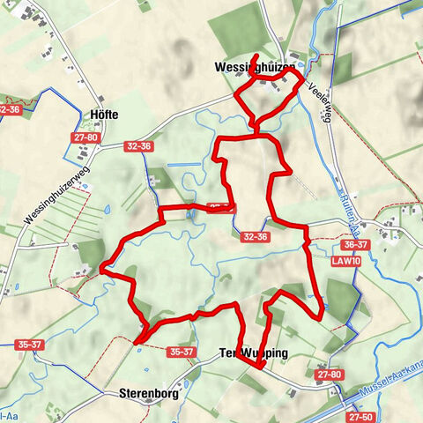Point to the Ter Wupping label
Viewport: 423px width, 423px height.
click(253, 353)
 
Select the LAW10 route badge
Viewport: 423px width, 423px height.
click(348, 262)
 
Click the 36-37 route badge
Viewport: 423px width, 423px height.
click(355, 245)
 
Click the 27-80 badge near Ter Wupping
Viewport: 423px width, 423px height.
click(330, 375)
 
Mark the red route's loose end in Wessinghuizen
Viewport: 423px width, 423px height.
click(256, 57)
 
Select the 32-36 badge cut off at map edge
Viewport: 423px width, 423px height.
click(9, 109)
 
